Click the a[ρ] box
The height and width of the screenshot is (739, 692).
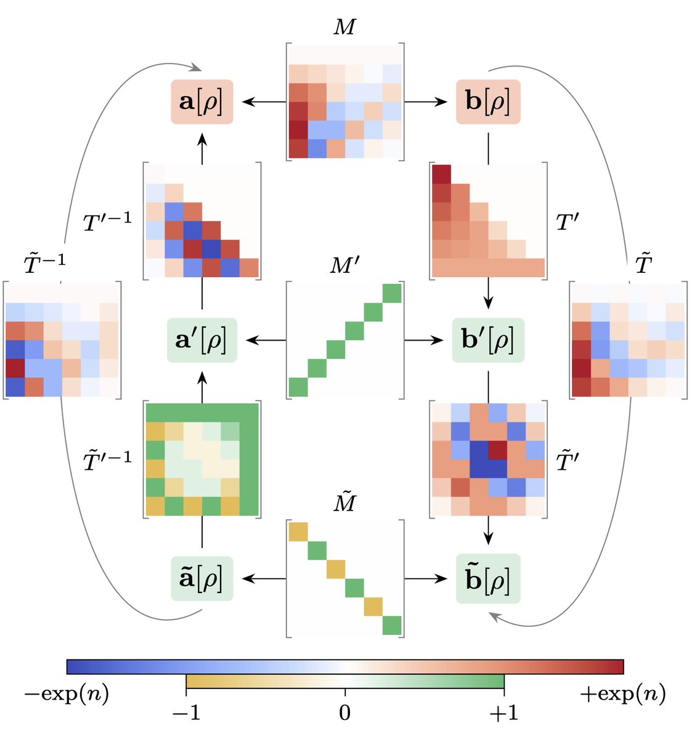pyautogui.click(x=201, y=102)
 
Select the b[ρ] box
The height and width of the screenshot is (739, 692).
pyautogui.click(x=488, y=102)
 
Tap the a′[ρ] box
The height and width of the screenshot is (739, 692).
pyautogui.click(x=201, y=340)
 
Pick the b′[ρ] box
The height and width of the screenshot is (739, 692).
pyautogui.click(x=488, y=340)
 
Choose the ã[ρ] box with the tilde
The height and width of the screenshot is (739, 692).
pyautogui.click(x=201, y=579)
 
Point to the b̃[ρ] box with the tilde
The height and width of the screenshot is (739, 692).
pyautogui.click(x=488, y=579)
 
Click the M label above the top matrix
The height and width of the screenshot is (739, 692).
pyautogui.click(x=345, y=28)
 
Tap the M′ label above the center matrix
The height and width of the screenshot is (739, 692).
pyautogui.click(x=345, y=265)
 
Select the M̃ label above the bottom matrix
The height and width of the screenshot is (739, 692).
pyautogui.click(x=345, y=503)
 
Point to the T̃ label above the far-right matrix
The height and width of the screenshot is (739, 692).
pyautogui.click(x=643, y=265)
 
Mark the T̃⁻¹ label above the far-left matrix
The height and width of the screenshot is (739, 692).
pyautogui.click(x=44, y=265)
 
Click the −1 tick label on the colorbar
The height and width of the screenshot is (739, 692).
pyautogui.click(x=186, y=713)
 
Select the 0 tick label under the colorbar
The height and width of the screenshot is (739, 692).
pyautogui.click(x=345, y=713)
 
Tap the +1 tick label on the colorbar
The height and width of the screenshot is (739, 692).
pyautogui.click(x=503, y=713)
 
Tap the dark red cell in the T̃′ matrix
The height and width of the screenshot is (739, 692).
pyautogui.click(x=497, y=450)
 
